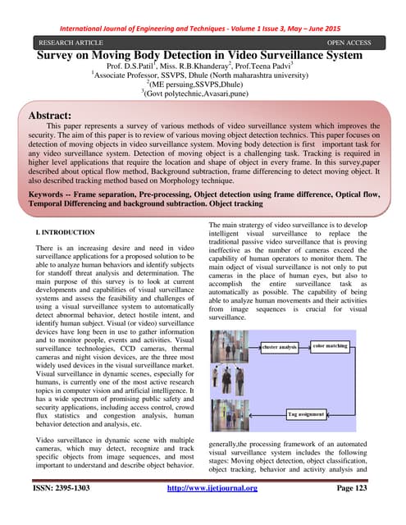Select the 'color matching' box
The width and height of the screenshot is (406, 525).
point(331,346)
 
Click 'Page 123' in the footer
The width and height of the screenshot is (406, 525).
point(349,512)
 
